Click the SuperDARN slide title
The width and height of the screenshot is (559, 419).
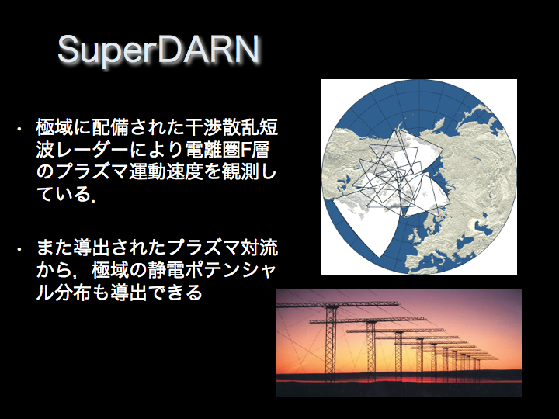pyautogui.click(x=158, y=50)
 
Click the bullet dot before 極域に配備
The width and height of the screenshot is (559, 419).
pyautogui.click(x=19, y=129)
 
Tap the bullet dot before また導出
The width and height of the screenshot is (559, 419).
pyautogui.click(x=19, y=249)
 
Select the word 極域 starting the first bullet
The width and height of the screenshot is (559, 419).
pyautogui.click(x=54, y=127)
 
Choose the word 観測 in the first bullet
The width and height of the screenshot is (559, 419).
pyautogui.click(x=240, y=172)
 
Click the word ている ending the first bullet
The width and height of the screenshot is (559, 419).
pyautogui.click(x=64, y=195)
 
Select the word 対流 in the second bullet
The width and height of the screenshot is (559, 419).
pyautogui.click(x=259, y=248)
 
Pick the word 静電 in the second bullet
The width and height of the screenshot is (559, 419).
pyautogui.click(x=165, y=271)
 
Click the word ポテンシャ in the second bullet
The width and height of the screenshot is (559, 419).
pyautogui.click(x=230, y=271)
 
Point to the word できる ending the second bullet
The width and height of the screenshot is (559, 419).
pyautogui.click(x=175, y=293)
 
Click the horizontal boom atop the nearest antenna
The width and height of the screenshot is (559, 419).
pyautogui.click(x=337, y=305)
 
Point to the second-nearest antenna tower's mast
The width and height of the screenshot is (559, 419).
pyautogui.click(x=371, y=347)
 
